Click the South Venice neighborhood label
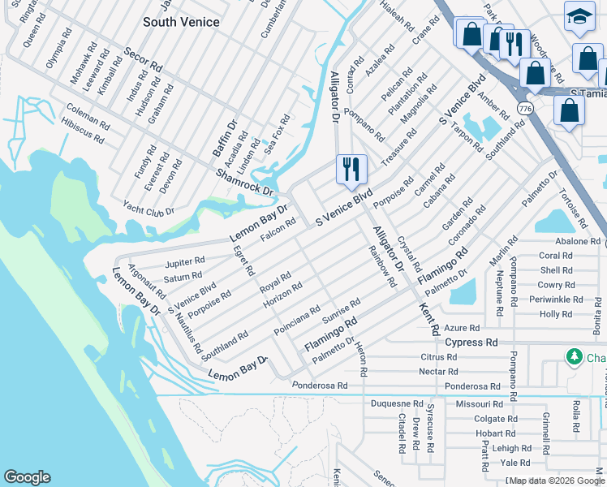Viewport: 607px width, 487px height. pos(181,22)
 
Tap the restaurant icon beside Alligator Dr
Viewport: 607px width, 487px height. pos(351,169)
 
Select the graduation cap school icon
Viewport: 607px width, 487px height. pos(579,17)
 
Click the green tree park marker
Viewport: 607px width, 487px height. pos(574,357)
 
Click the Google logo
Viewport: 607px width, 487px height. pos(27,477)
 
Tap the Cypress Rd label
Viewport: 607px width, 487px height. pos(471,343)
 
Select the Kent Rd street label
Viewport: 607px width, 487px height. pos(429,319)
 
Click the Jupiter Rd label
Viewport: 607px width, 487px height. pos(184,263)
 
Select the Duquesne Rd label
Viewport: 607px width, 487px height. pos(397,403)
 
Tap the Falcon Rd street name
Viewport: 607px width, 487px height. pos(278,229)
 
